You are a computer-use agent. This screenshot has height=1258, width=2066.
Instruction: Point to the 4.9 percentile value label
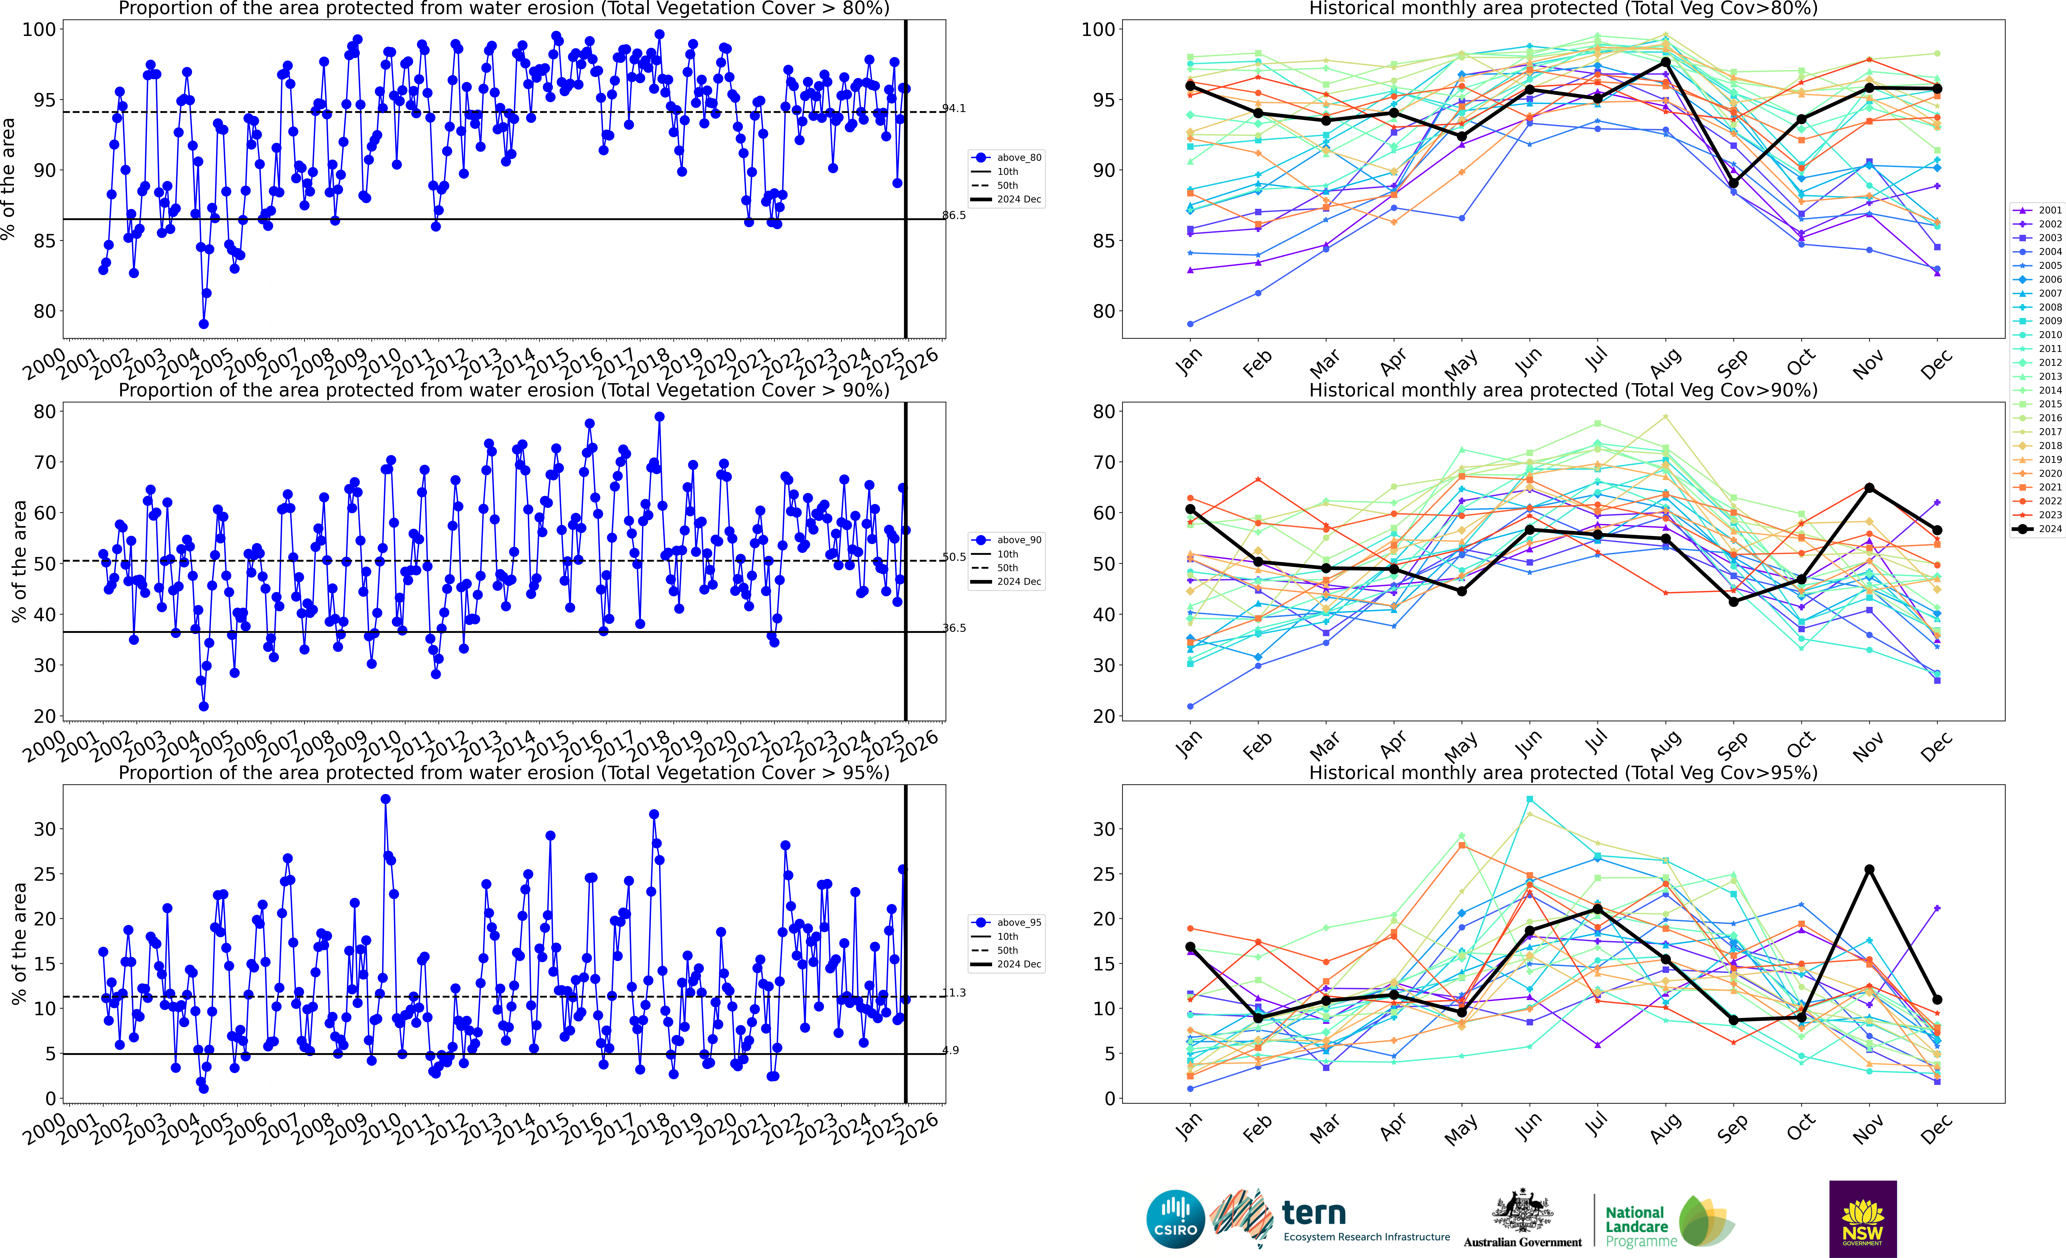pos(951,1050)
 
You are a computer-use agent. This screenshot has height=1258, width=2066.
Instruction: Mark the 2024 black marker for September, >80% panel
pos(1734,183)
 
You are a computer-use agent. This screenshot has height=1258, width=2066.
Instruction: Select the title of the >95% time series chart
pos(504,772)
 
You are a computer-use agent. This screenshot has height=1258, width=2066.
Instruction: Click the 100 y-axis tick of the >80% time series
pos(39,29)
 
